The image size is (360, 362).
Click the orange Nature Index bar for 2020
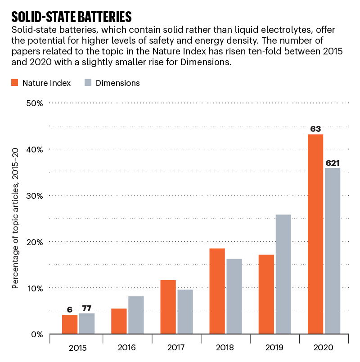pos(315,234)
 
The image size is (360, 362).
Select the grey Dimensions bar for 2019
pos(283,274)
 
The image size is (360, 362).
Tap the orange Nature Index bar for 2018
pos(217,291)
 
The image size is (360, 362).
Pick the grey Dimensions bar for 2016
pos(135,315)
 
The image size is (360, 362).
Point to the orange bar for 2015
pos(70,324)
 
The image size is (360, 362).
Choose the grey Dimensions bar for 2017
pos(184,312)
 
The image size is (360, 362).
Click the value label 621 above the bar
pos(333,163)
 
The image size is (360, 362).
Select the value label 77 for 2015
pos(86,308)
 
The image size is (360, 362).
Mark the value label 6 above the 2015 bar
pos(70,310)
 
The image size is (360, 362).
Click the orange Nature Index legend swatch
pos(15,83)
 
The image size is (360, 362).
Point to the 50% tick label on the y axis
pos(34,103)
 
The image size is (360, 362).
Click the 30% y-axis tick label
pos(34,196)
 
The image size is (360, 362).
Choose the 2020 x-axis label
pos(324,348)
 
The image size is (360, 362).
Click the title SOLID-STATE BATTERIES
pos(71,17)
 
